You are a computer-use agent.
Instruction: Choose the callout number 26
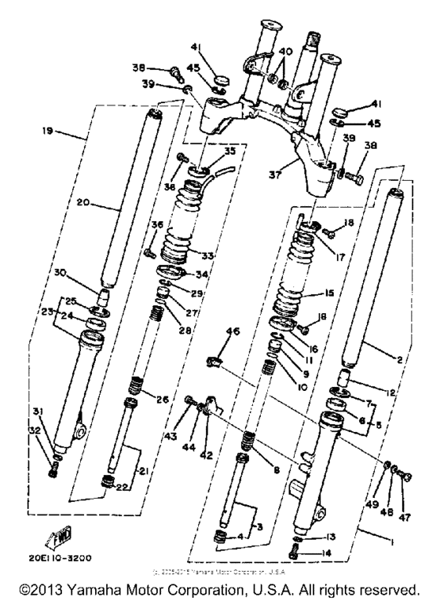184,400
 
